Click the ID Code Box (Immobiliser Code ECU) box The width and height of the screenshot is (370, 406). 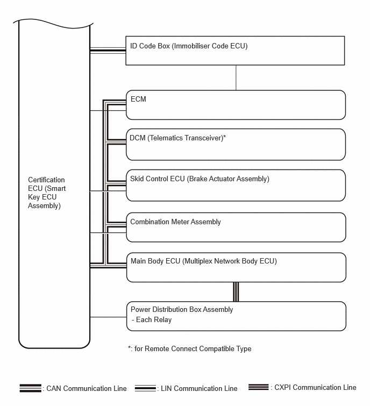[235, 51]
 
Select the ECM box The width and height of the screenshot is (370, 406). [236, 105]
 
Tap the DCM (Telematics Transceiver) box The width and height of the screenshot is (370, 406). [236, 144]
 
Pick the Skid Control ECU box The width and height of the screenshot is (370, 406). [236, 186]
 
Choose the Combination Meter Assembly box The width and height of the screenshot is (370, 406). [236, 227]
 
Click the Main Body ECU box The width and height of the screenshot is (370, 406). [236, 267]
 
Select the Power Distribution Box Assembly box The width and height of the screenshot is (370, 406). [236, 316]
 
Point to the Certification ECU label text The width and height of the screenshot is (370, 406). [47, 193]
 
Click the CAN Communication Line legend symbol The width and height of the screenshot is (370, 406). [30, 388]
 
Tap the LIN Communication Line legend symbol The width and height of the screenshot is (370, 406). [145, 388]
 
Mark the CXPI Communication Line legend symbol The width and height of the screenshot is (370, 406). [259, 387]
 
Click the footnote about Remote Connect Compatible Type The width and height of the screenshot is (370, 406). [190, 348]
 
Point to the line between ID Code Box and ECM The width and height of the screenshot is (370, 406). [236, 77]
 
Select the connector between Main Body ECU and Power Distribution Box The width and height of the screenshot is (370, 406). [236, 291]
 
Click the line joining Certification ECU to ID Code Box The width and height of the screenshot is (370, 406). [108, 51]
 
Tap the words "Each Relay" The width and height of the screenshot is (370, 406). [153, 319]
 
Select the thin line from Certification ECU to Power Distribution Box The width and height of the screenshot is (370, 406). [108, 317]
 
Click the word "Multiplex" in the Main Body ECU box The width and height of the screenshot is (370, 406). [200, 261]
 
